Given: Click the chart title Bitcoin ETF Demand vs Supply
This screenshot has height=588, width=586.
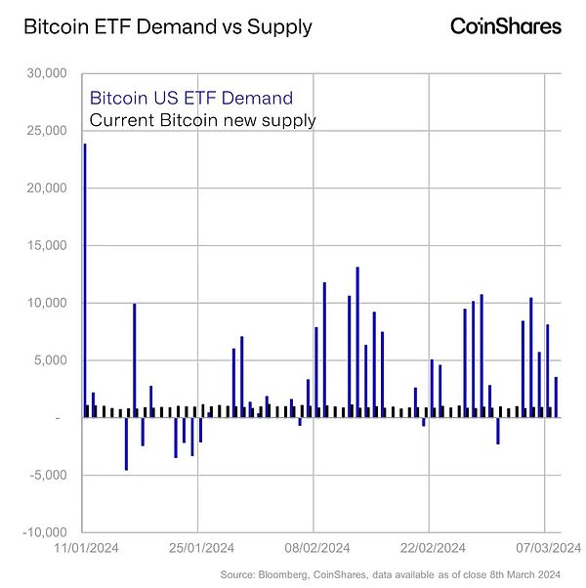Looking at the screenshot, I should coord(167,26).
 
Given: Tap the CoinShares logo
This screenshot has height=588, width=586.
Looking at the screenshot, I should coord(505,26).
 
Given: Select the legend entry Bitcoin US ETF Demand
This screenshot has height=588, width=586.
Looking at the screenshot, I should coord(190,98).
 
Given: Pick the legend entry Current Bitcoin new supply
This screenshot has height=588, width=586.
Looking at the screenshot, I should coord(202,120).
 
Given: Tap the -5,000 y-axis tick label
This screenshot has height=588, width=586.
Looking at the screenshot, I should coord(46,476).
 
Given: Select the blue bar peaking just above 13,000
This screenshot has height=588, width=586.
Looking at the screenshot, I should coord(357,342).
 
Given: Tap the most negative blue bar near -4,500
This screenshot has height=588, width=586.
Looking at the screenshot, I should coord(126,443).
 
